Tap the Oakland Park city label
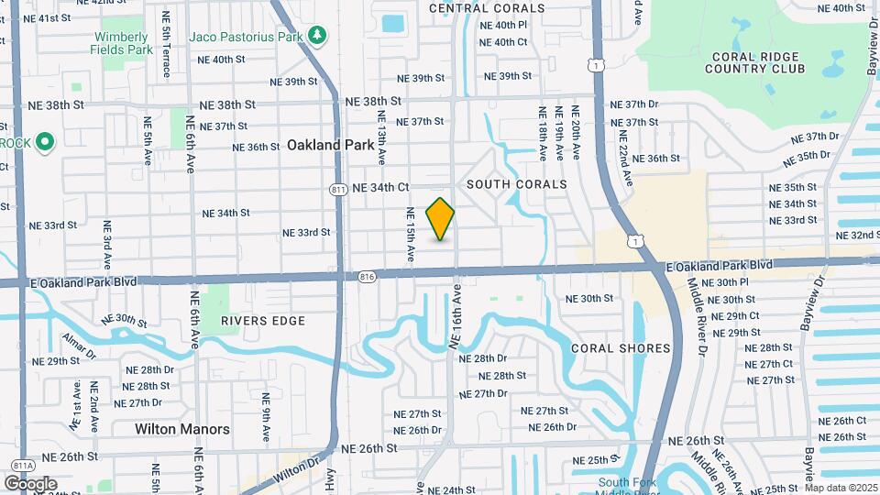point(330,145)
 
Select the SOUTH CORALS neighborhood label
point(517,184)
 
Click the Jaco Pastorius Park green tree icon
point(318,36)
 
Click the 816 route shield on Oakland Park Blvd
point(368,275)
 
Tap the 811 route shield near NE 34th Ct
point(338,188)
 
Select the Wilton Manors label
point(182,428)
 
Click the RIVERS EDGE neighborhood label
point(262,321)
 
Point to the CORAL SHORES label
point(621,348)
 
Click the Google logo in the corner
point(29,483)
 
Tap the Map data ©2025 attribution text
point(841,488)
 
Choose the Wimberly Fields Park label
point(122,43)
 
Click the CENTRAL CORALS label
point(486,8)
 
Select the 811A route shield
point(18,465)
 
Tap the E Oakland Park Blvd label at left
point(82,281)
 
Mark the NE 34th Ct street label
point(379,187)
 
